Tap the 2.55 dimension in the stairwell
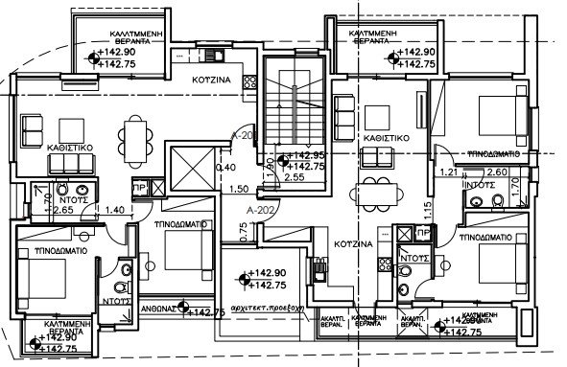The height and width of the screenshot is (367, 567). (x=295, y=177)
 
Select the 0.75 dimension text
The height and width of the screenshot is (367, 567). (x=245, y=229)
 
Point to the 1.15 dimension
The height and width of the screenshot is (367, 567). (x=429, y=207)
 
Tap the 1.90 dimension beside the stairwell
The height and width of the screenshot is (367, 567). (x=272, y=170)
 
